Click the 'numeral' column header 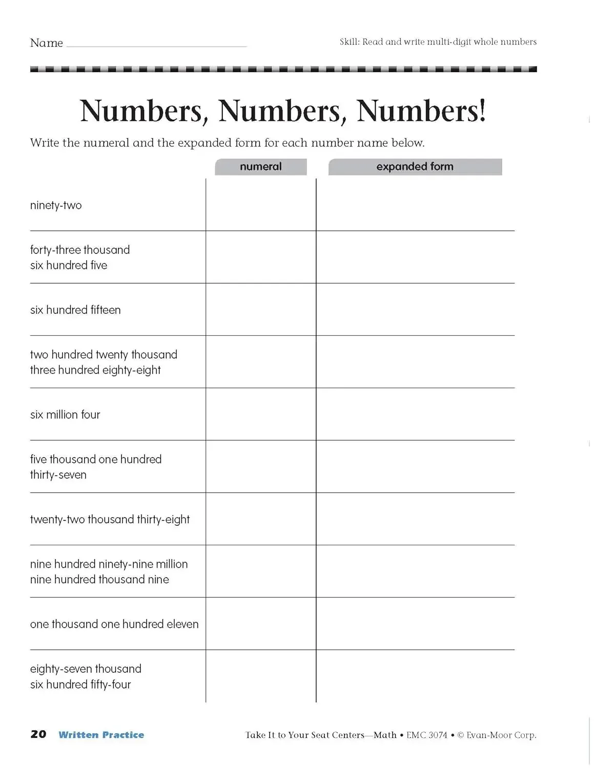coord(261,167)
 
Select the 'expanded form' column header coord(415,167)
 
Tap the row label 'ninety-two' coord(56,205)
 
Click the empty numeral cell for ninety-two coord(261,205)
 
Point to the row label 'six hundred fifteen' coord(75,310)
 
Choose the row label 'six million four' coord(65,415)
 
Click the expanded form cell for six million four coord(415,414)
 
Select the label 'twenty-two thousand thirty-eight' coord(110,519)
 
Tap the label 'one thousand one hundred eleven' coord(114,624)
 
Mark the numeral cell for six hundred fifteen coord(261,310)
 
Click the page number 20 coord(38,734)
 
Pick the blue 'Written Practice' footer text coord(101,735)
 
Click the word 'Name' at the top coord(47,43)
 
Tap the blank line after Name coord(156,45)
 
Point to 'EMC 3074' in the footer coord(427,735)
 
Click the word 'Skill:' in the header coord(350,42)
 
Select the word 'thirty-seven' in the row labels coord(58,475)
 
